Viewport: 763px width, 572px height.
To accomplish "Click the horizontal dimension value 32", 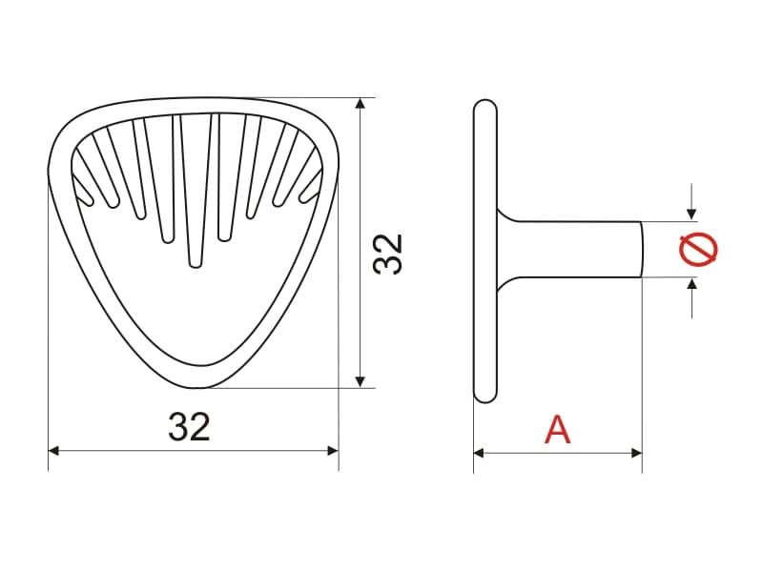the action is click(x=189, y=426).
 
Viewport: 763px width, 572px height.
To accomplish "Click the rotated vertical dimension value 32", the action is click(x=388, y=255).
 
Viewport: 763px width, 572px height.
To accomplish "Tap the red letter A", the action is click(x=557, y=430).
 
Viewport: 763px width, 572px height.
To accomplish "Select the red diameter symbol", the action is click(x=699, y=250).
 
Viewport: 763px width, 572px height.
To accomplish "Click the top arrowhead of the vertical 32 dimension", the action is click(x=361, y=103).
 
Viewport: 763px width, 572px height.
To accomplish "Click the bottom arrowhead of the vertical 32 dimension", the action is click(x=361, y=382).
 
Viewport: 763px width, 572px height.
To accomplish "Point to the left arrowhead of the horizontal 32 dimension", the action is click(x=53, y=451).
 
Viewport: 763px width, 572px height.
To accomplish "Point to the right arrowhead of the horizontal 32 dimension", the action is click(x=333, y=451).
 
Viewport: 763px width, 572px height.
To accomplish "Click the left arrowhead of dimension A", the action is click(x=479, y=454).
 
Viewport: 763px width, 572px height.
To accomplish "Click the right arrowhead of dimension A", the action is click(x=636, y=454).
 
